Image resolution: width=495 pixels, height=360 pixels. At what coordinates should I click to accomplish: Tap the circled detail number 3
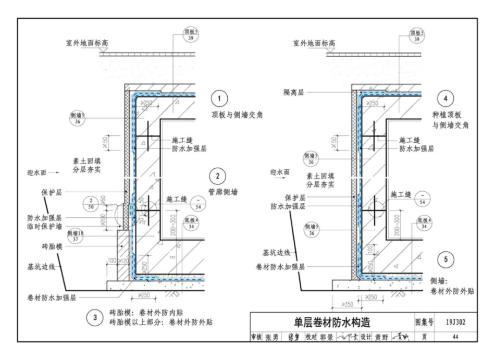pos(94,317)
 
